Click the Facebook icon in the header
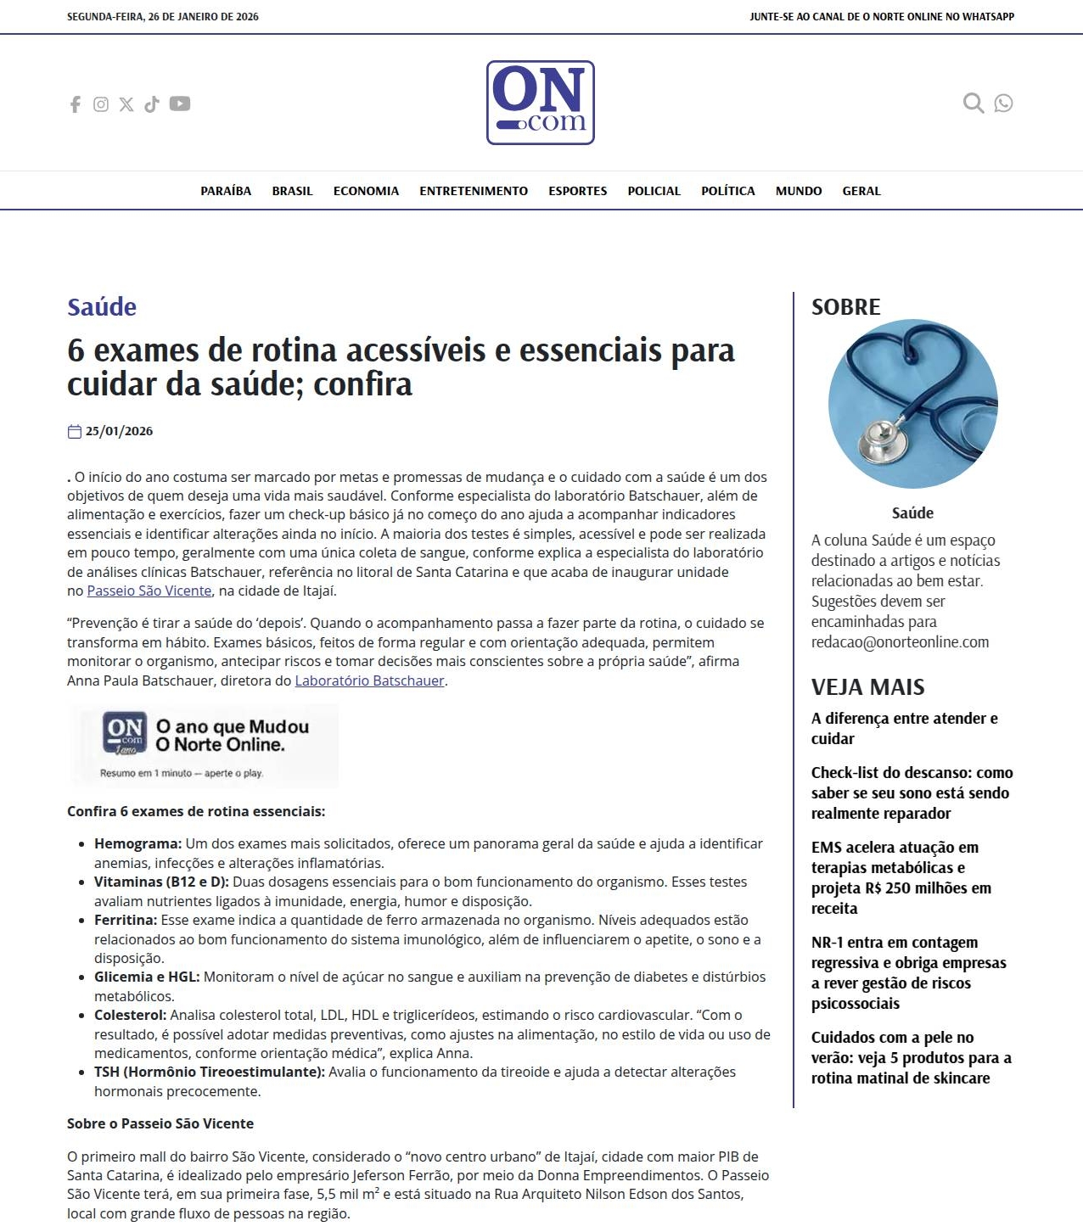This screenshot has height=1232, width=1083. coord(76,104)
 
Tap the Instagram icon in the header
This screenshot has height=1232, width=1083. coord(101,104)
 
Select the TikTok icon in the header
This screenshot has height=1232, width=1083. coord(152,104)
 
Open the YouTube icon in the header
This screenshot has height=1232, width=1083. coord(180,104)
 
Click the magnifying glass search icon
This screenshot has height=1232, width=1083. coord(973,104)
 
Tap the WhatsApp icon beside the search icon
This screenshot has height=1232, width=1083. coord(1003,104)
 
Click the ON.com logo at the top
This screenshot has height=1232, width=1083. coord(541,103)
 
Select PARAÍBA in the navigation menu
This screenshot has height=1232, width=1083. coord(226,191)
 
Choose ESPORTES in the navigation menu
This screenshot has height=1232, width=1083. coord(577,191)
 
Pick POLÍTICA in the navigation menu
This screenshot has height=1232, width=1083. coord(727,191)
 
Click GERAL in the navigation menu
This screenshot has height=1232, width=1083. coord(861,191)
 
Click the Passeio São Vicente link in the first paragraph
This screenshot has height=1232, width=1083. coord(149,591)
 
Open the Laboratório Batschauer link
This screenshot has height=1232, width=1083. coord(369,680)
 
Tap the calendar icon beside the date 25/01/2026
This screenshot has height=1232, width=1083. coord(75,432)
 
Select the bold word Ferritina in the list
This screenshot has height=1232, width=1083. coord(125,920)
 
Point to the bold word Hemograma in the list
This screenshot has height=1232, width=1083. coord(137,843)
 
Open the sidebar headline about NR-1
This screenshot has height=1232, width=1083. coord(908,972)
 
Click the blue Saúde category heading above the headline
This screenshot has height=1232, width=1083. coord(102,307)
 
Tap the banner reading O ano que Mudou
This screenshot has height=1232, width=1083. coord(204,746)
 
